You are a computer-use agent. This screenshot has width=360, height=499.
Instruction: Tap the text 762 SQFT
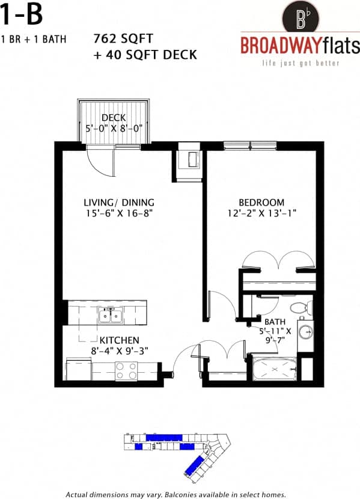tap(119, 39)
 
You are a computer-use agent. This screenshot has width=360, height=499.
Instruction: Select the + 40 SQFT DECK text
tap(145, 55)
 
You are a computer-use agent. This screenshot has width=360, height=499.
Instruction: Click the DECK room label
tap(113, 117)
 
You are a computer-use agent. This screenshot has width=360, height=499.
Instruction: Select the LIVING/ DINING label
tap(119, 202)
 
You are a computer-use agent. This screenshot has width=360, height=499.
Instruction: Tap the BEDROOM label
tap(261, 202)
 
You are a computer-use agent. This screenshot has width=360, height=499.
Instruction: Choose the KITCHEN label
tap(119, 340)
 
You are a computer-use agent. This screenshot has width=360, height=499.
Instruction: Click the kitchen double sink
tap(111, 314)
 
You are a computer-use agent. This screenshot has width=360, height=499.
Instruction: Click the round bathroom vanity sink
tap(305, 331)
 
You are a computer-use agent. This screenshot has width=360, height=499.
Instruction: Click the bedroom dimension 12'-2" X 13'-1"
tap(261, 213)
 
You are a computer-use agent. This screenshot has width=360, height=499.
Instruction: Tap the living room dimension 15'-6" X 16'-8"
tap(119, 213)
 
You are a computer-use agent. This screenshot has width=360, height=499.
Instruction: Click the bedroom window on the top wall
tap(250, 145)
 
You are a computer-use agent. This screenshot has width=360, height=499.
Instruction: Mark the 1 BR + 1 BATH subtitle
tap(33, 40)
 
